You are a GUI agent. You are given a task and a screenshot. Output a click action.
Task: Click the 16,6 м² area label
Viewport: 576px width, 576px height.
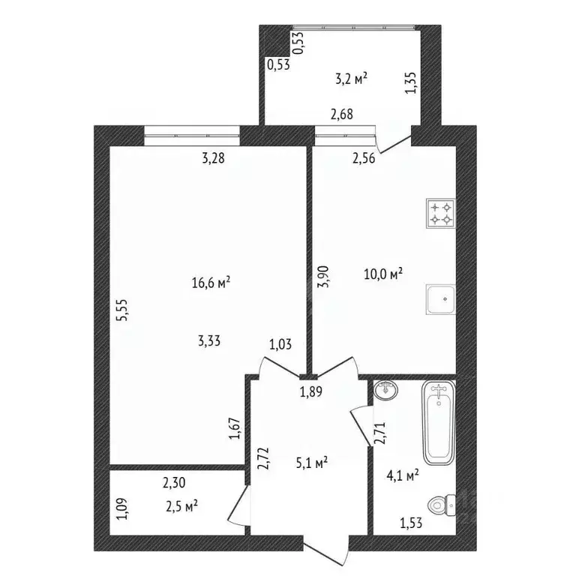click(211, 283)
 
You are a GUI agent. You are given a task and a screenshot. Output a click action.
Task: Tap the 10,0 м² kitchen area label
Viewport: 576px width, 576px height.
click(383, 274)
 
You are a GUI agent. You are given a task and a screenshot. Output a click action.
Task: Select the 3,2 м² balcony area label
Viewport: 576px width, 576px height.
click(352, 79)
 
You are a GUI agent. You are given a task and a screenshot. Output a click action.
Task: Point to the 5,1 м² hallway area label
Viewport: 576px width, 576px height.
click(312, 463)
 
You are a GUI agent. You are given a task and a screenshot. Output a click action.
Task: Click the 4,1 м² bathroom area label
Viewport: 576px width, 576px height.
click(403, 475)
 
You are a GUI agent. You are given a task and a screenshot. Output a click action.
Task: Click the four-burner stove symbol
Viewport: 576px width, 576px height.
click(441, 214)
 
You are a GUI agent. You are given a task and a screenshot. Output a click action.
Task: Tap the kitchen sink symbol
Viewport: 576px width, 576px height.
click(441, 299)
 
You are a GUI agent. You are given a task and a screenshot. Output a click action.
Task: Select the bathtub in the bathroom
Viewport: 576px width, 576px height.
click(439, 423)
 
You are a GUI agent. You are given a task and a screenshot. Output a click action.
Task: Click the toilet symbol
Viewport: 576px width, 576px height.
click(442, 505)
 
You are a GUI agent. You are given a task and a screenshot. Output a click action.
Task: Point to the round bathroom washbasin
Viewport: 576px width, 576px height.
click(385, 390)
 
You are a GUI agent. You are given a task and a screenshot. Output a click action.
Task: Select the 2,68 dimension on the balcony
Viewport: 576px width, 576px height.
click(342, 114)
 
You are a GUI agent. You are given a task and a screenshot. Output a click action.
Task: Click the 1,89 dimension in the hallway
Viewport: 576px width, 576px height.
click(311, 392)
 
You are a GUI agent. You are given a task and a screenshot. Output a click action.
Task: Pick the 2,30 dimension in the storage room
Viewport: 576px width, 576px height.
click(174, 483)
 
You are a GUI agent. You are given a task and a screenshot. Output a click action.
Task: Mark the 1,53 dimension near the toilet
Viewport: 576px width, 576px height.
click(411, 523)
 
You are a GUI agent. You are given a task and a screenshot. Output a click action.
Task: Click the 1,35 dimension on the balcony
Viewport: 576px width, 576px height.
click(411, 82)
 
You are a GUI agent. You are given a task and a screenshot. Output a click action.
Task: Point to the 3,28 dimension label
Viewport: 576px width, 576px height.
click(213, 158)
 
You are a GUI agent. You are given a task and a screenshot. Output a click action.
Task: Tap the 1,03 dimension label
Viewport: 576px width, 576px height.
click(280, 344)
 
